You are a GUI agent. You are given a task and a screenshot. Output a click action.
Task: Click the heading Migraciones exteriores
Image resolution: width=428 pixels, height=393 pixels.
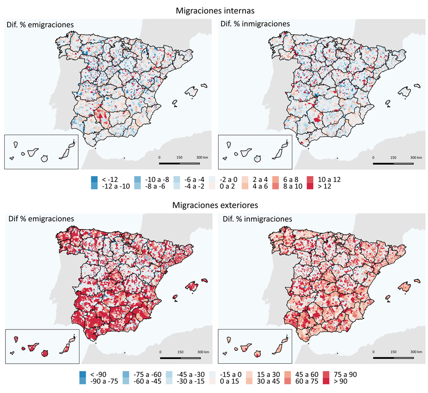(x=214, y=205)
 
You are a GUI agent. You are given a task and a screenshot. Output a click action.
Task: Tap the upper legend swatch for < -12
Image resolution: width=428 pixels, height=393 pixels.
(x=94, y=179)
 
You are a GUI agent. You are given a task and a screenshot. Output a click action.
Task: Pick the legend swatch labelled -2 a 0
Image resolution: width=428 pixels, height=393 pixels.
(x=211, y=179)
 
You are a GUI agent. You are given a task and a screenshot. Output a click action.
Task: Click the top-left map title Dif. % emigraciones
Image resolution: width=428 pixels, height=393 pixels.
(x=40, y=25)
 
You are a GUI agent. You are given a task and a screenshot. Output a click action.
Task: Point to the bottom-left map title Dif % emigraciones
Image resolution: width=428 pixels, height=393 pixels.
(x=40, y=219)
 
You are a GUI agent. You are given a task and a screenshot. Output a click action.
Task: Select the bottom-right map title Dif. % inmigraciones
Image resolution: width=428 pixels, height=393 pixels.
(x=257, y=219)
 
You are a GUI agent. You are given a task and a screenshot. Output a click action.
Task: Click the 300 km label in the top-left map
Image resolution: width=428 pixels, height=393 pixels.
(x=202, y=157)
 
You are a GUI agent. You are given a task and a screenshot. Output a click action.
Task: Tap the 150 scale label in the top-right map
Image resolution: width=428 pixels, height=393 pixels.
(x=393, y=158)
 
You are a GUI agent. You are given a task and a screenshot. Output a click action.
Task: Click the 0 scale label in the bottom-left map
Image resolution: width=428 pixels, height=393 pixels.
(x=160, y=352)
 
